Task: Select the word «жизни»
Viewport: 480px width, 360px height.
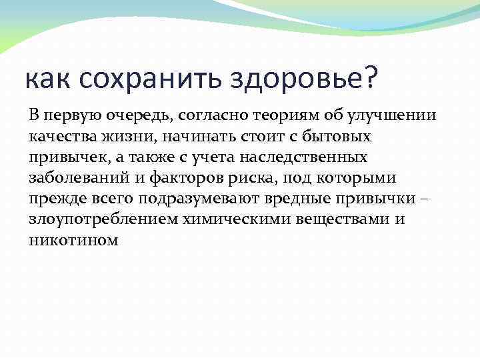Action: (x=126, y=136)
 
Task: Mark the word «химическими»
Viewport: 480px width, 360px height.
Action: (x=217, y=220)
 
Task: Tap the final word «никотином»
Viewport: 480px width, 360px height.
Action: (x=73, y=241)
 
